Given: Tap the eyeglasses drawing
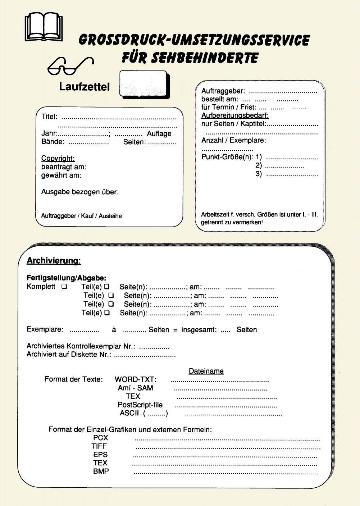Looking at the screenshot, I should click(70, 65).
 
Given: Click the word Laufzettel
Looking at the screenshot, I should click(85, 87).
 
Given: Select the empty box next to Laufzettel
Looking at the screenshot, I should click(144, 85).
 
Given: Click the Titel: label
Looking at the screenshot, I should click(49, 117).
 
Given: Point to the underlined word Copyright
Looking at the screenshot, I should click(58, 158).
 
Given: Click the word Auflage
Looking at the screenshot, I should click(159, 134).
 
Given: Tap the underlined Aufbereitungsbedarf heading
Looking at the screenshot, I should click(235, 115).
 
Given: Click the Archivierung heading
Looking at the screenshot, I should click(54, 261).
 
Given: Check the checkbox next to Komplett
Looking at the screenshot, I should click(64, 287).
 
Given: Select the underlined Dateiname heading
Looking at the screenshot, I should click(206, 371).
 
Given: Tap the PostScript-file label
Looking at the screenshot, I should click(140, 405).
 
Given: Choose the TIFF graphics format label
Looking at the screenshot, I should click(99, 446).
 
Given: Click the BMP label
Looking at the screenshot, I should click(101, 471).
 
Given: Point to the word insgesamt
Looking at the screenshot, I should click(199, 330).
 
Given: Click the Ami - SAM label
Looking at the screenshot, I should click(135, 388).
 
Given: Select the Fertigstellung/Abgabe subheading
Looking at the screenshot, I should click(67, 278).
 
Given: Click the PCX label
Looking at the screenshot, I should click(100, 438).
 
